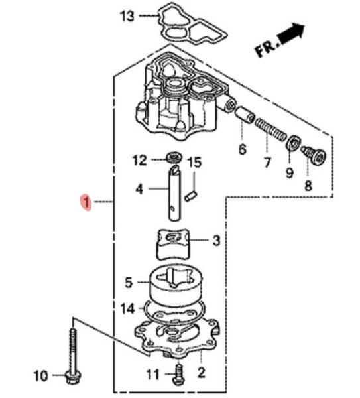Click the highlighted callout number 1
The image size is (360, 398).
86,202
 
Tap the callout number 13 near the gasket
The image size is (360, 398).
127,16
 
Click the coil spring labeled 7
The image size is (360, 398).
270,130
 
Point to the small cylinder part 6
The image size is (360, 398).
245,115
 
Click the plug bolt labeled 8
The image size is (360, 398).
314,155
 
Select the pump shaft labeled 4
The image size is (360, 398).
174,193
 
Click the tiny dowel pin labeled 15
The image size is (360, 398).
191,197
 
